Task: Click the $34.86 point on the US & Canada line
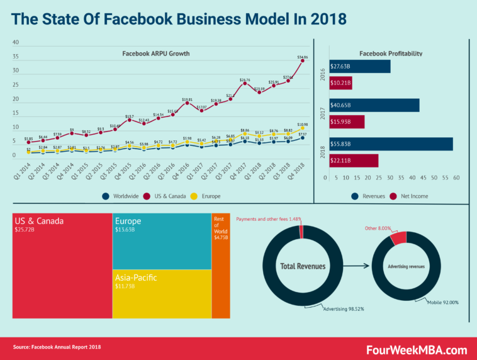coord(303,60)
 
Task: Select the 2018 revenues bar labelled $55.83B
coord(390,143)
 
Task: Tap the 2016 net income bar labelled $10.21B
coord(340,82)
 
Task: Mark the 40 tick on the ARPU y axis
coord(16,43)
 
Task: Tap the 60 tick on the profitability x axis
coord(456,178)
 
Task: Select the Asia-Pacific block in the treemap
coord(161,293)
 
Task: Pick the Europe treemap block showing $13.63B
coord(161,241)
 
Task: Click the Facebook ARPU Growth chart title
coord(155,53)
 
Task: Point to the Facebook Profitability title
coord(390,53)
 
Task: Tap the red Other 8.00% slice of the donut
coord(398,238)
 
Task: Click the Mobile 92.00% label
coord(442,303)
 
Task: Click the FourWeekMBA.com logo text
coord(417,349)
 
